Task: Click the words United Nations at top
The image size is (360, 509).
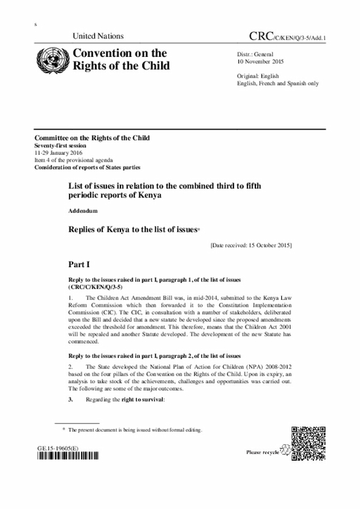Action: (x=98, y=37)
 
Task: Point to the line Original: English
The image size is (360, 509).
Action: (x=258, y=76)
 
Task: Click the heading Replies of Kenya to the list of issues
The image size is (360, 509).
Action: (x=133, y=229)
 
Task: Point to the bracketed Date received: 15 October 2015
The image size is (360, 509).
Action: (x=250, y=246)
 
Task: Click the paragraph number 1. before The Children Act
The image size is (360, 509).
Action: (x=70, y=296)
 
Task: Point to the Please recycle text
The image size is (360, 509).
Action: (x=263, y=452)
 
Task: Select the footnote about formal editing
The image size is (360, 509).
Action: (x=135, y=430)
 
